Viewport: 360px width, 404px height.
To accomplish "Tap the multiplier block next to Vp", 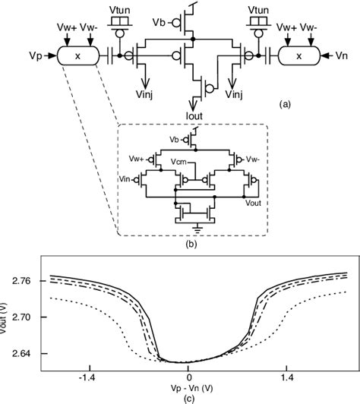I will [x=78, y=55].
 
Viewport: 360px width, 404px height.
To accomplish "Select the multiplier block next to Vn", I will [x=298, y=55].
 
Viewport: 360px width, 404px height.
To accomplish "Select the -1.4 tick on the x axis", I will [x=89, y=376].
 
